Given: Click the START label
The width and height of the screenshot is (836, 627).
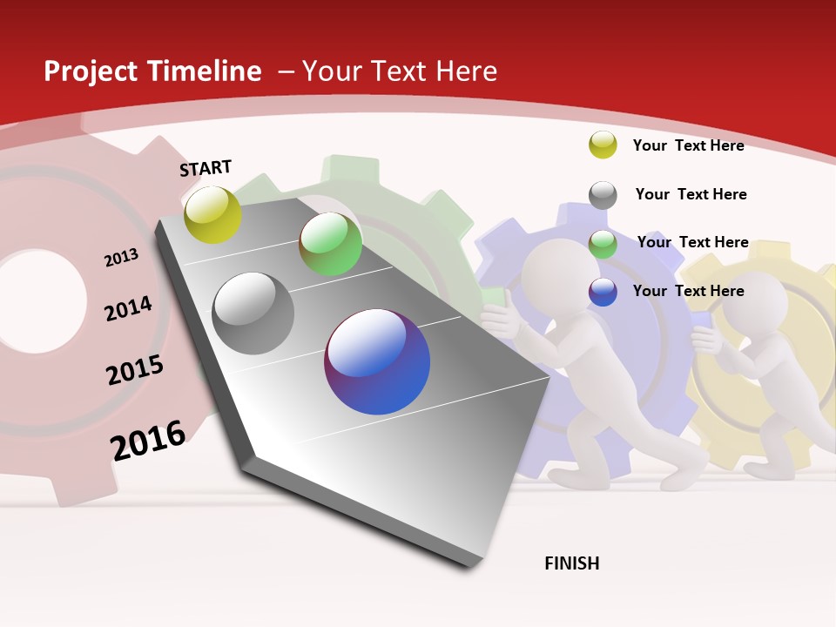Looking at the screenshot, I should pyautogui.click(x=206, y=168).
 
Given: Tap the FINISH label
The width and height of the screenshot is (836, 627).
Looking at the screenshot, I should pyautogui.click(x=571, y=563).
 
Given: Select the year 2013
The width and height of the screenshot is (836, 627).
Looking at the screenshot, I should pyautogui.click(x=122, y=258).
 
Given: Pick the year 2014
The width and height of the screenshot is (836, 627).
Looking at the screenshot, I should pyautogui.click(x=128, y=308).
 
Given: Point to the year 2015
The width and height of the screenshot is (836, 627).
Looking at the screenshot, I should pyautogui.click(x=135, y=369).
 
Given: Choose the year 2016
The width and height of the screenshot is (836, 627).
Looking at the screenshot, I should pyautogui.click(x=148, y=441).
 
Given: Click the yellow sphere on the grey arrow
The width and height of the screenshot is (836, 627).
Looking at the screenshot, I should pyautogui.click(x=212, y=214).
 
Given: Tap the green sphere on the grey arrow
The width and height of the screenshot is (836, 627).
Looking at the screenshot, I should pyautogui.click(x=330, y=244).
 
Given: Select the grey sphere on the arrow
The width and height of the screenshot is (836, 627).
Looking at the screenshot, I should pyautogui.click(x=253, y=313).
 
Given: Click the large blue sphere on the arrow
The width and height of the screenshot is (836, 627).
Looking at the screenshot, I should pyautogui.click(x=377, y=361).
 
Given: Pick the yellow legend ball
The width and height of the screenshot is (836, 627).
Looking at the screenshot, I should pyautogui.click(x=603, y=145).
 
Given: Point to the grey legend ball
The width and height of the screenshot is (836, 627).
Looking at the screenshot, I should pyautogui.click(x=603, y=194).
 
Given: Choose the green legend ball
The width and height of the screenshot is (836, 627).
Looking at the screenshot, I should pyautogui.click(x=603, y=244).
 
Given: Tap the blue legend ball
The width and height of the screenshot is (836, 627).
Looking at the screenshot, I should pyautogui.click(x=603, y=292).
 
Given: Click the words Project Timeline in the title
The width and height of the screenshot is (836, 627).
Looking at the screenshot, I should pyautogui.click(x=152, y=71).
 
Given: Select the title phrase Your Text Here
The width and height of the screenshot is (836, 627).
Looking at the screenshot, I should pyautogui.click(x=399, y=71).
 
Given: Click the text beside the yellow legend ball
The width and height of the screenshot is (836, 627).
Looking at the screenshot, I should pyautogui.click(x=688, y=145).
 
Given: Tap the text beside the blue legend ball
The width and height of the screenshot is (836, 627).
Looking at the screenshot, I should pyautogui.click(x=688, y=291).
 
